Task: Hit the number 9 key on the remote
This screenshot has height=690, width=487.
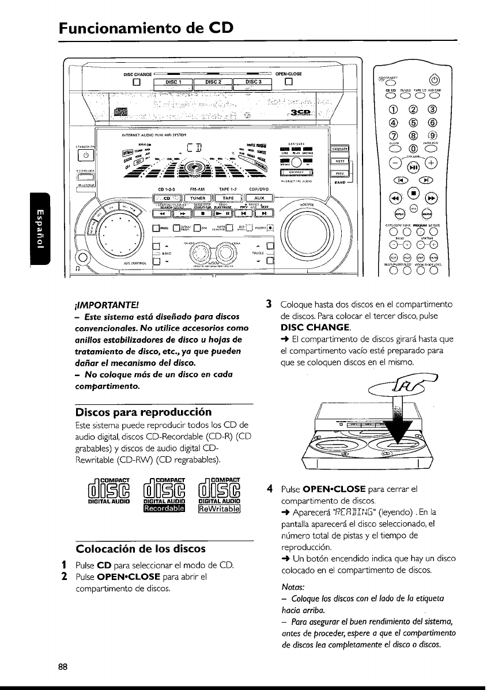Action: coord(432,136)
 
